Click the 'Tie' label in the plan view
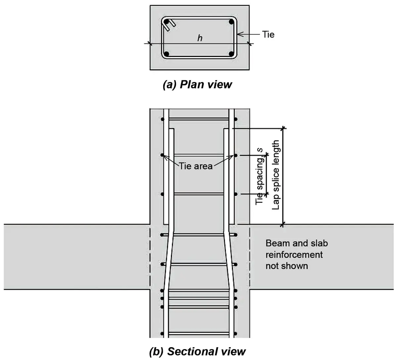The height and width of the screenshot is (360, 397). [268, 34]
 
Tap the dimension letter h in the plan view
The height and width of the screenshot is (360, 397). [200, 38]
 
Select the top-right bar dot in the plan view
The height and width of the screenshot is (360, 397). [231, 22]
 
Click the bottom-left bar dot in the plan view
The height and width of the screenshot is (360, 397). [167, 54]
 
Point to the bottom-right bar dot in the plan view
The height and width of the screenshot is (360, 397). [231, 54]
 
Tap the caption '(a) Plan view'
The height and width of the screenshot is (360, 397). [197, 85]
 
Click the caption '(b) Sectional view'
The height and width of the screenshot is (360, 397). [197, 351]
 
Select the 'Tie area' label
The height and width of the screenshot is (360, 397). [196, 166]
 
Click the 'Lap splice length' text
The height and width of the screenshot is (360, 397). [275, 175]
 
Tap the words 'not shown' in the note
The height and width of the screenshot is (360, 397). [287, 266]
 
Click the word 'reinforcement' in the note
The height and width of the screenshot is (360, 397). [294, 255]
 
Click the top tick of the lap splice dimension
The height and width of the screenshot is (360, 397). [284, 128]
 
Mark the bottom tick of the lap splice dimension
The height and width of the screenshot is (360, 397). [283, 224]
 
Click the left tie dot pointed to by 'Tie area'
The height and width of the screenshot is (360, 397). [162, 155]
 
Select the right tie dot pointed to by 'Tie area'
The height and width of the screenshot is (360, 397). [236, 156]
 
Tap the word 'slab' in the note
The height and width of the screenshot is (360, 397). [319, 244]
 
